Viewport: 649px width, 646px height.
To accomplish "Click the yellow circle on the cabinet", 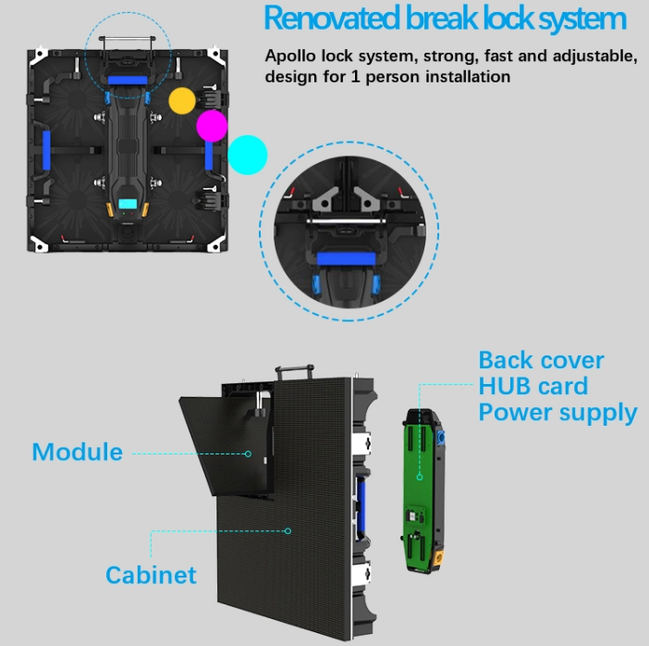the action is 182,101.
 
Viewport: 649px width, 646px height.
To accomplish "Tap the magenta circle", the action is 212,126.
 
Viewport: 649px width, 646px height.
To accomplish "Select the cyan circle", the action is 248,155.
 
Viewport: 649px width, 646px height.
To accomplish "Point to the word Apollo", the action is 290,56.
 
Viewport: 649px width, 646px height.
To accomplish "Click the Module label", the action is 78,452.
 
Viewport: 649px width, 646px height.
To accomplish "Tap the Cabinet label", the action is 151,575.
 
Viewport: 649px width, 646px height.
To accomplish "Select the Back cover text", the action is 541,360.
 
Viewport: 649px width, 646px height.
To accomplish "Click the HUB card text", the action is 533,386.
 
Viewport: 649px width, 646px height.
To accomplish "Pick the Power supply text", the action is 558,413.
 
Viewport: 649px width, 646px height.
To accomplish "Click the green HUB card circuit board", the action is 420,491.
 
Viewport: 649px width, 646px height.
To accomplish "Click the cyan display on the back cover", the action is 128,204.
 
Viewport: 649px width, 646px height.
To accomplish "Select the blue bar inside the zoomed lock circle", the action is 346,259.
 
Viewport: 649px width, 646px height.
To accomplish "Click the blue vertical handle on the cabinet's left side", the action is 46,150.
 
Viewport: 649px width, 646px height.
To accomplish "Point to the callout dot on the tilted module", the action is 248,453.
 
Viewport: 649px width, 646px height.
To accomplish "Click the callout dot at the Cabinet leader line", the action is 288,531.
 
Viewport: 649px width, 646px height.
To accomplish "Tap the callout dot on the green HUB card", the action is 420,477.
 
